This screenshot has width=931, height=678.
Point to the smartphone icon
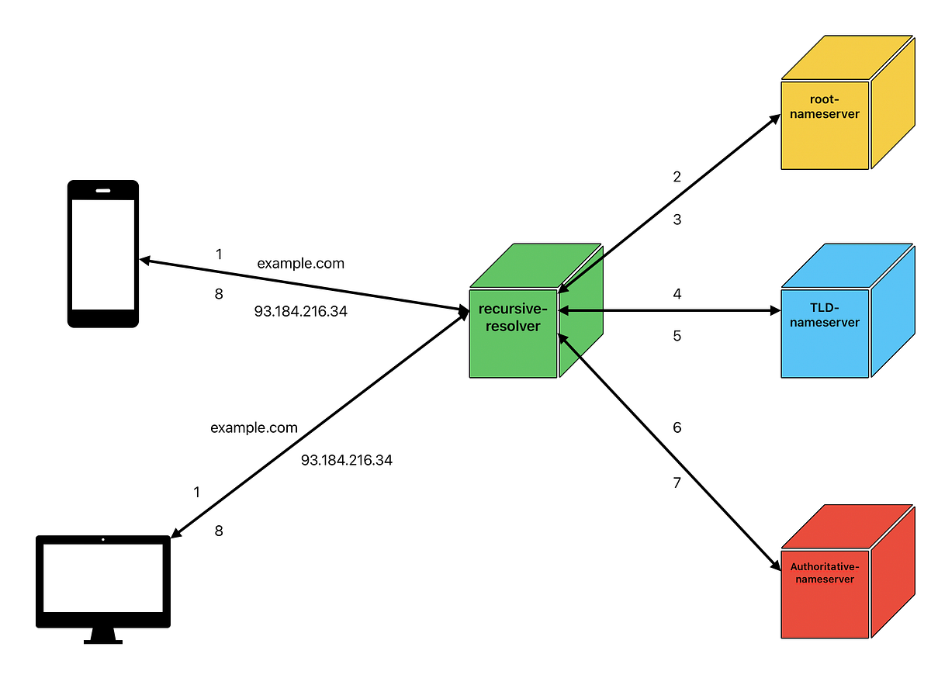click(103, 254)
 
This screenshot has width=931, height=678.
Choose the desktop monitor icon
click(103, 582)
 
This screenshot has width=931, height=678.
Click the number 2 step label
click(677, 177)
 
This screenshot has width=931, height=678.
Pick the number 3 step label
click(677, 220)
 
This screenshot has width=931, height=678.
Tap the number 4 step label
click(677, 294)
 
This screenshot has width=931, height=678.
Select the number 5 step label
click(677, 337)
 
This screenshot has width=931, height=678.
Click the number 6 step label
click(677, 427)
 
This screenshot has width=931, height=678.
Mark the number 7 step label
click(677, 483)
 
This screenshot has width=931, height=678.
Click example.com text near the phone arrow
click(300, 264)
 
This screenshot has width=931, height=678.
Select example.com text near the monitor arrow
click(254, 428)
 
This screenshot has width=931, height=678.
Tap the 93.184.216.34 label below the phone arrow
click(300, 311)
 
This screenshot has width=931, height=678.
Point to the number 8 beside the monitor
click(219, 531)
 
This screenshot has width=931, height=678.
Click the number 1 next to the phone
click(219, 254)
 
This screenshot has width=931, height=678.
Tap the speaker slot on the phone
click(103, 189)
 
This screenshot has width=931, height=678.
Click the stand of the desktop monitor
click(103, 635)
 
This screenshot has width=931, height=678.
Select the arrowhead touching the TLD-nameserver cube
click(774, 311)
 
